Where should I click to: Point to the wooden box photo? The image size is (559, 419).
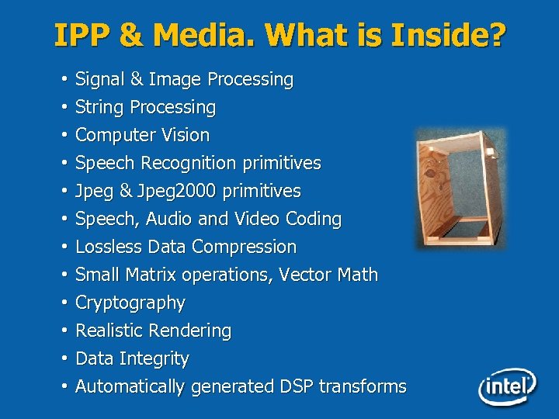coord(460,189)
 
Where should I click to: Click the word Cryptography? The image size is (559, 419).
coord(130,303)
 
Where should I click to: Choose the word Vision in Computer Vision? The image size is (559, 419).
coord(186,135)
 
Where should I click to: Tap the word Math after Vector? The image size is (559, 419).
coord(358,275)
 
